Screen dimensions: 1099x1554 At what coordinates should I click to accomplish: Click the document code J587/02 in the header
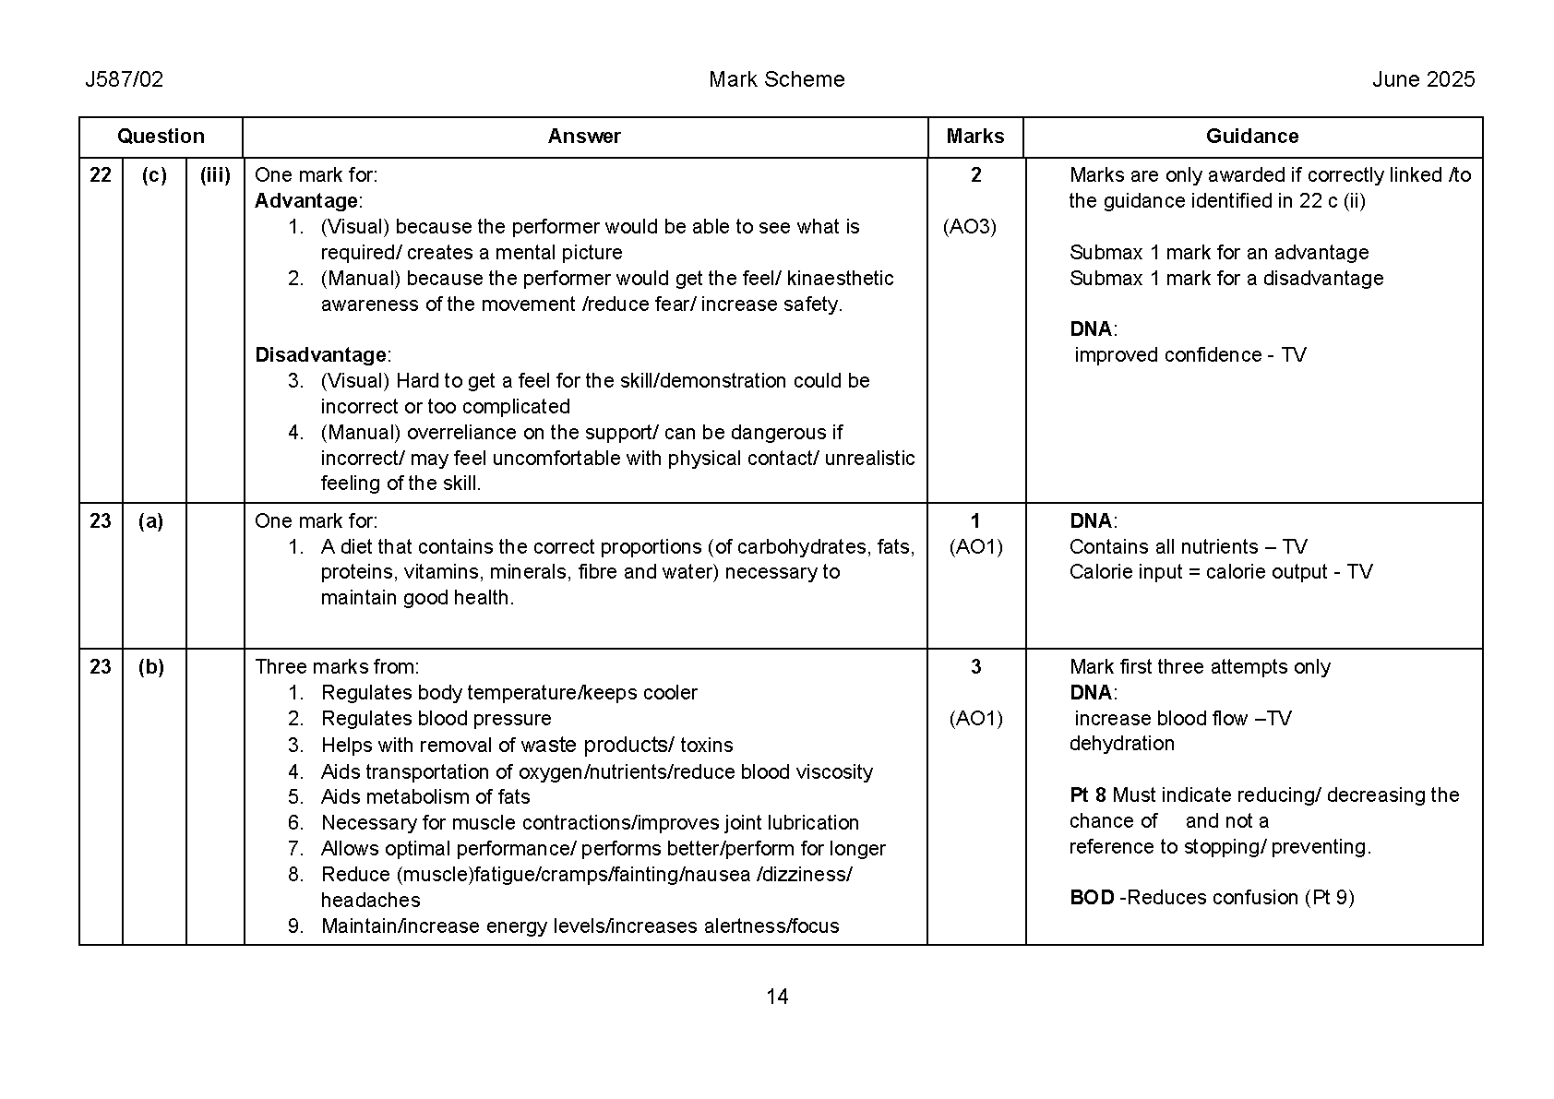pos(124,79)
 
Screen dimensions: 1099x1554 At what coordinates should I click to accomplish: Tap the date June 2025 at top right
pos(1423,79)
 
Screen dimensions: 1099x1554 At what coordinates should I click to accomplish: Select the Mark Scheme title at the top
pos(776,79)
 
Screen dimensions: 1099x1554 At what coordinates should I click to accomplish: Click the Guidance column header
pos(1251,137)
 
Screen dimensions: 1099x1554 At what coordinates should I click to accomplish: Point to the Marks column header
pos(974,137)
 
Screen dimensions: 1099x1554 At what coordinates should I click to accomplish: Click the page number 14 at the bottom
pos(777,997)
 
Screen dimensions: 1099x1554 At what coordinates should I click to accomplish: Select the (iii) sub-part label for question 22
pos(215,175)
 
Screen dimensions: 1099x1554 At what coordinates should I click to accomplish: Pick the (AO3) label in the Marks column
pos(969,227)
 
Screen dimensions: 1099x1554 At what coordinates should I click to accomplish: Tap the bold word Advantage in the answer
pos(306,201)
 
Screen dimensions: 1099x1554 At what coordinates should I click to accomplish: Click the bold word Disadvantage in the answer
pos(320,355)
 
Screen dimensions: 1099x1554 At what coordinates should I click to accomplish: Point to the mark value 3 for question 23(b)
pos(975,667)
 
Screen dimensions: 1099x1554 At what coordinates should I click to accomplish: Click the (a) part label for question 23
pos(150,521)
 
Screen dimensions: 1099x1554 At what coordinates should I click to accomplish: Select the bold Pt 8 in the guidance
pos(1088,795)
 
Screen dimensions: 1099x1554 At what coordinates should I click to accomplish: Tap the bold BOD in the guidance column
pos(1092,898)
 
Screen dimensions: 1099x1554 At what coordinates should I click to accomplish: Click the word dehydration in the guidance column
pos(1121,744)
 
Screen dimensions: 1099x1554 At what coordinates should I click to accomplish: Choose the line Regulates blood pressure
pos(436,719)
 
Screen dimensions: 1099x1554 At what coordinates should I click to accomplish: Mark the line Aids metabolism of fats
pos(425,797)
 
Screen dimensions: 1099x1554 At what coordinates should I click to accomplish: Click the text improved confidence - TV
pos(1189,355)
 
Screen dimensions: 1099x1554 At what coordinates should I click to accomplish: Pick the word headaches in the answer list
pos(370,901)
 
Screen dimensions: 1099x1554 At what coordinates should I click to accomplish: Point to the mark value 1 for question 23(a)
pos(975,521)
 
